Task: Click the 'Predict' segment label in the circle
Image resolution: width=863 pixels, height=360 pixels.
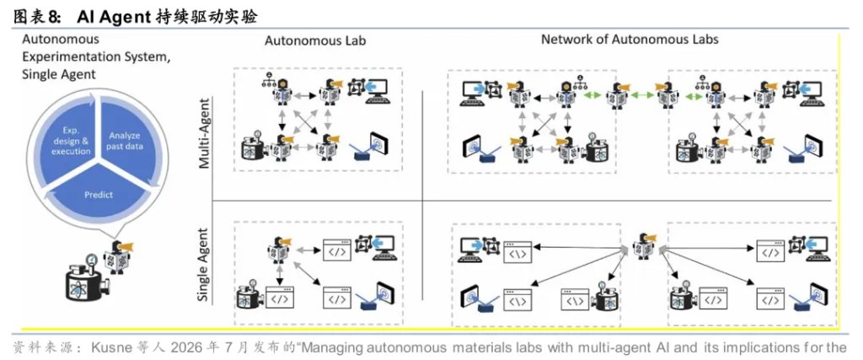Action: point(99,194)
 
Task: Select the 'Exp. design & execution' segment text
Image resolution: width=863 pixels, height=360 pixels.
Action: point(71,142)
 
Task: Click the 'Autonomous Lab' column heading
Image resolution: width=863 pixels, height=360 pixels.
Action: point(315,40)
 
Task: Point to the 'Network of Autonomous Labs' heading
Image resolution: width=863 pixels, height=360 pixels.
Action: point(630,39)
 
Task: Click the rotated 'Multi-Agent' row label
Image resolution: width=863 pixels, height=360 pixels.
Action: point(204,133)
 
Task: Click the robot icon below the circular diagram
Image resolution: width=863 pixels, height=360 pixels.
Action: point(120,255)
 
